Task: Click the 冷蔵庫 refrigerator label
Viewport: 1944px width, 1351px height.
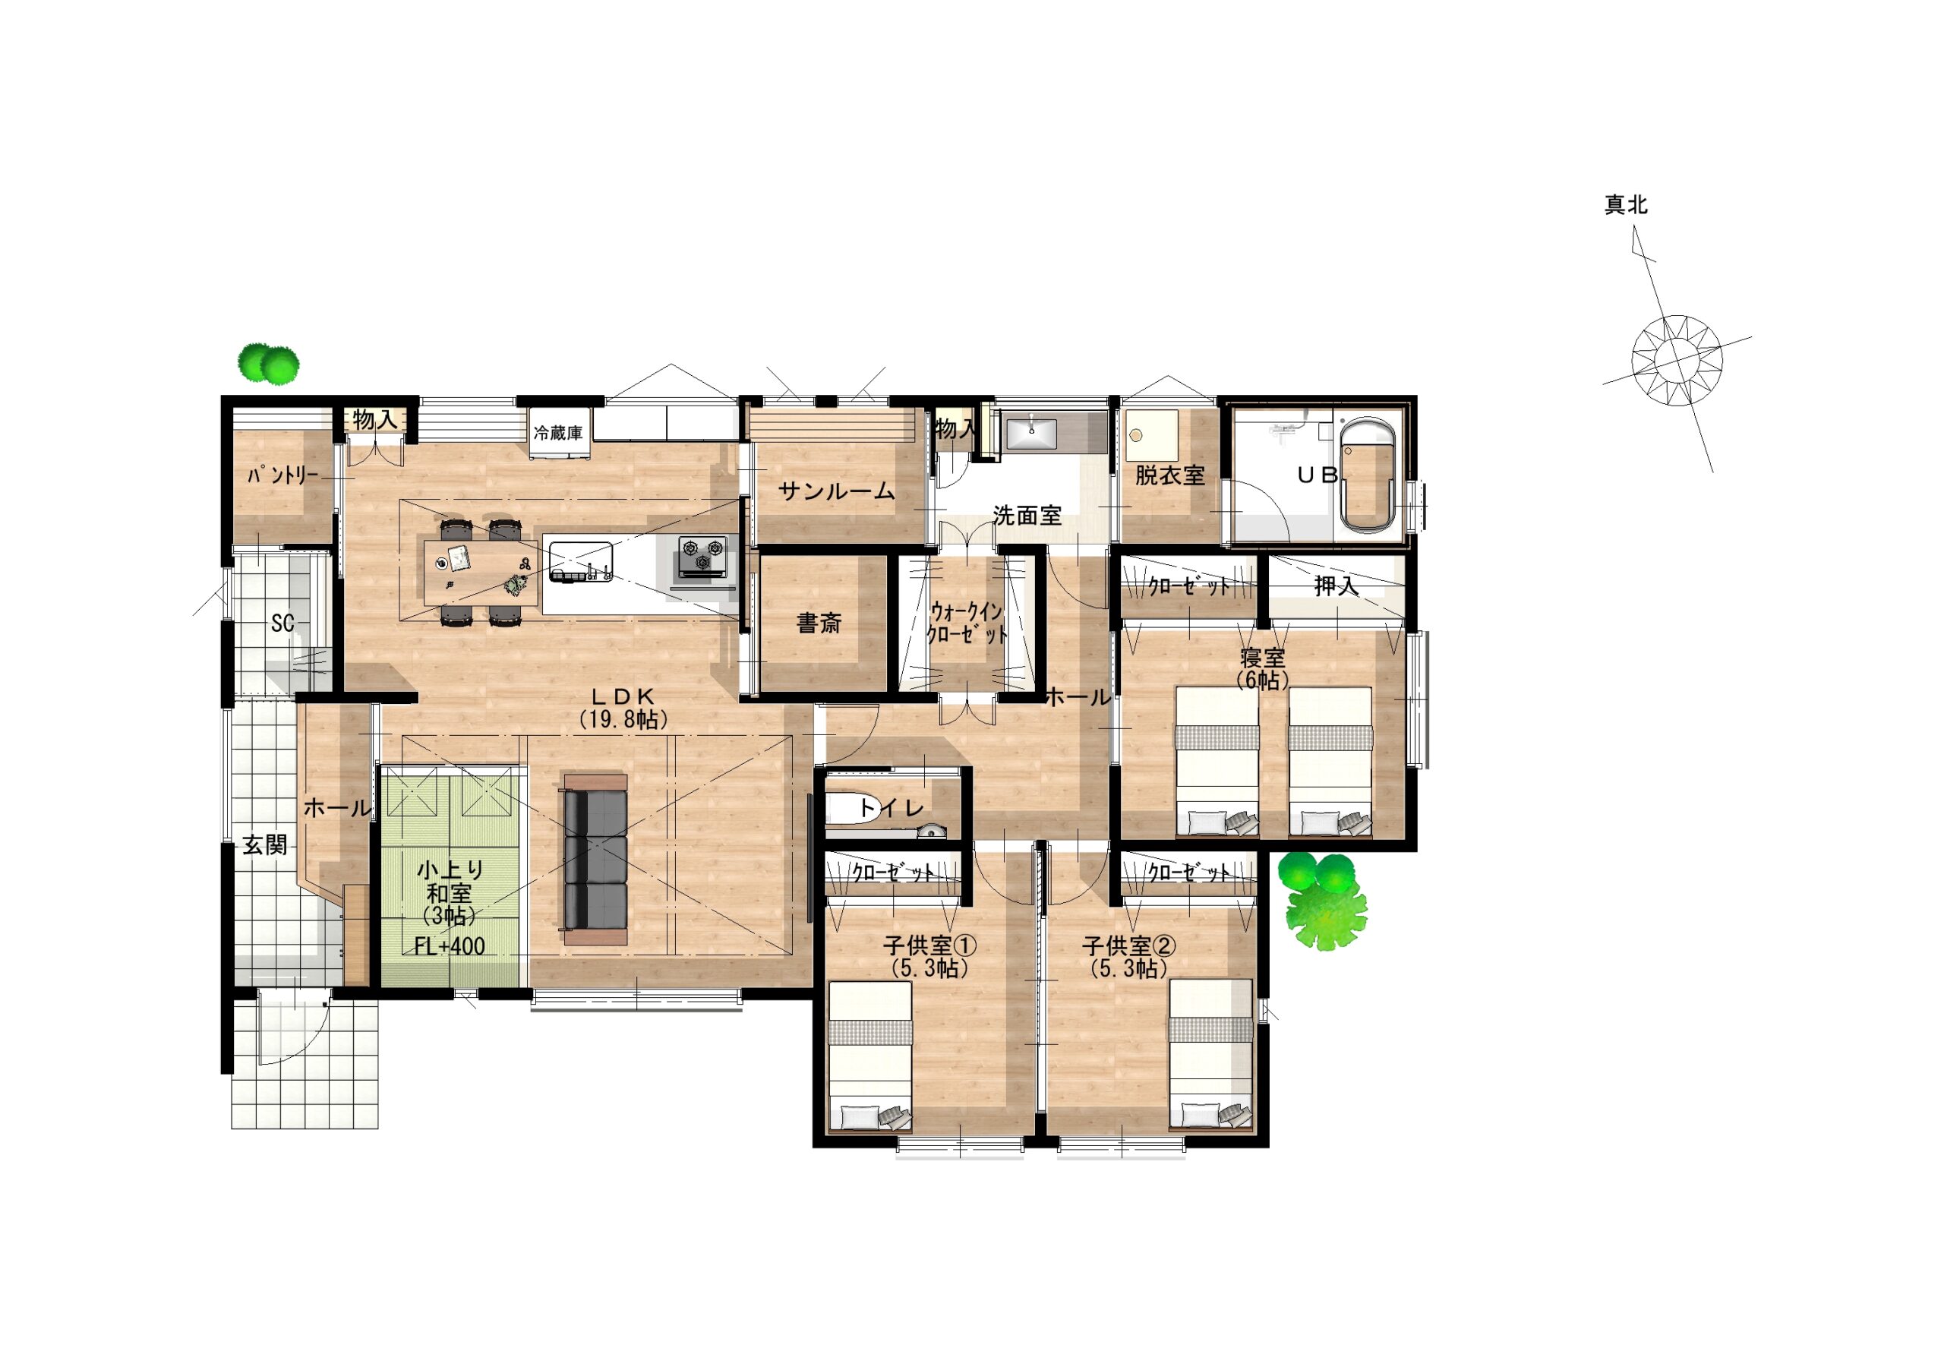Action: coord(557,434)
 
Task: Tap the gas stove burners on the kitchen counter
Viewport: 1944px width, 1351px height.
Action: coord(702,556)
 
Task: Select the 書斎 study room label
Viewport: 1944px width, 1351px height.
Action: coord(819,624)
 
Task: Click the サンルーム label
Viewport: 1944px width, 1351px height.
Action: coord(836,491)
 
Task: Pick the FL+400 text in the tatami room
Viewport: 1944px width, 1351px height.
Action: coord(450,946)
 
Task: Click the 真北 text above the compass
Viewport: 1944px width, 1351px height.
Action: coord(1626,205)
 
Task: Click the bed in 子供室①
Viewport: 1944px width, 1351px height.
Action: coord(870,1056)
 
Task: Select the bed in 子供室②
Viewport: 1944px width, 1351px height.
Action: coord(1210,1055)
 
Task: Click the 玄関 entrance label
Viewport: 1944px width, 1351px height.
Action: coord(265,844)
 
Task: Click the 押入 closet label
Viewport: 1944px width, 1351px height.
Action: coord(1336,585)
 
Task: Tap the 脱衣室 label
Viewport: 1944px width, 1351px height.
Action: coord(1169,475)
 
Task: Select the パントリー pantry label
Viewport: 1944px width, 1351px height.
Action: coord(282,475)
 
